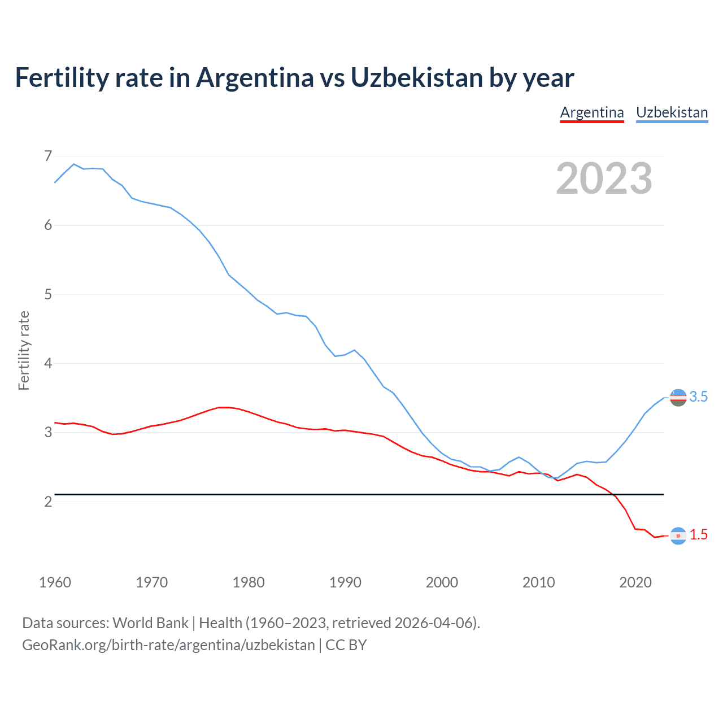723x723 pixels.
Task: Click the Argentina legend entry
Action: point(591,112)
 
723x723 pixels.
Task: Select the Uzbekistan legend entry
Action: point(672,112)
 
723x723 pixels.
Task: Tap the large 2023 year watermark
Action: point(604,178)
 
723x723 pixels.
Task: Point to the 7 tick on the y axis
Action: point(48,156)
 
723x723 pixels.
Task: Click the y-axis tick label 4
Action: point(48,363)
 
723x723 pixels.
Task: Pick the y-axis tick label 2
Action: point(48,502)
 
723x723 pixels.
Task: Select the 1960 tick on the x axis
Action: point(55,582)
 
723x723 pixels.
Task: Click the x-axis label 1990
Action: point(345,582)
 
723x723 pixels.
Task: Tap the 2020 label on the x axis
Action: point(635,582)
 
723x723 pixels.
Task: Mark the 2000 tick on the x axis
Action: point(442,582)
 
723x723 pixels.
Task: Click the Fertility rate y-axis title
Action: point(24,350)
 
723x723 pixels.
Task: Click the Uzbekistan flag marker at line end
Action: point(678,397)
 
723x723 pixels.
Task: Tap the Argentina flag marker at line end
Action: point(678,535)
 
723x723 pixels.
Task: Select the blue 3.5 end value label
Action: point(699,397)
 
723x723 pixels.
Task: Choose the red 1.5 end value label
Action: point(699,535)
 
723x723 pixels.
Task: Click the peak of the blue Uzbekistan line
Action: point(74,164)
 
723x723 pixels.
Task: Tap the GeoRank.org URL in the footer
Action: point(168,645)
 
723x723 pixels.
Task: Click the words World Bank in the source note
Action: point(150,623)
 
